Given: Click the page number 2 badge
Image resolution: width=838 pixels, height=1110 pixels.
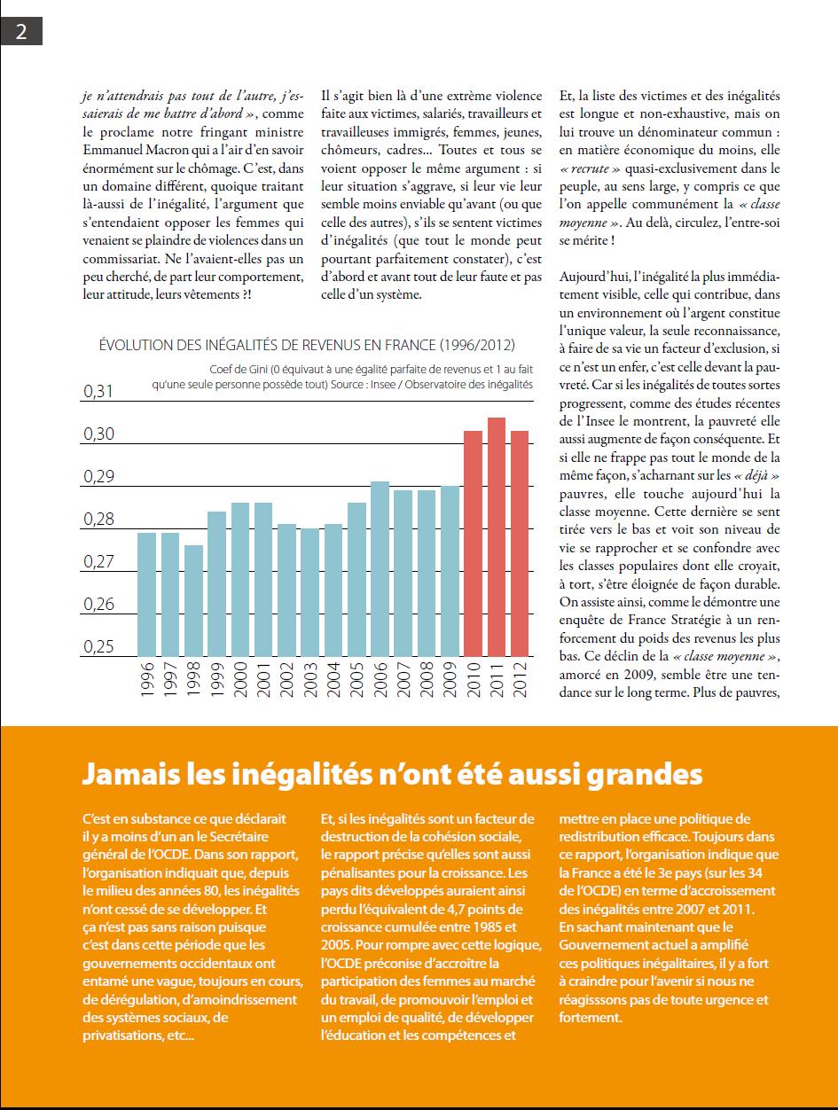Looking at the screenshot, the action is [x=21, y=31].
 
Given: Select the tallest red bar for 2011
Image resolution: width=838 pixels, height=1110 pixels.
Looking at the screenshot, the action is [x=497, y=537].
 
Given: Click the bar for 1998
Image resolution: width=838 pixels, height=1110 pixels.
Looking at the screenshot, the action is [x=193, y=601].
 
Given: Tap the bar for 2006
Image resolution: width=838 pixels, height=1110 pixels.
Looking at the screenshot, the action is [x=380, y=569].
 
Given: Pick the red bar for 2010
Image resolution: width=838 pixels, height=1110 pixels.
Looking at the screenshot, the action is [x=474, y=543].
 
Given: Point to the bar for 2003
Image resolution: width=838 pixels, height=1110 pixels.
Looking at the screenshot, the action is [x=310, y=592].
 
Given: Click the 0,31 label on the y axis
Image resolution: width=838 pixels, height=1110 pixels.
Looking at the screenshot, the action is [x=98, y=391].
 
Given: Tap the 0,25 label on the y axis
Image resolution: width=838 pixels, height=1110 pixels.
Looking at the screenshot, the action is [x=98, y=647].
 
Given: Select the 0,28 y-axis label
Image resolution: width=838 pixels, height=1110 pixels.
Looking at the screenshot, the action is [x=98, y=520].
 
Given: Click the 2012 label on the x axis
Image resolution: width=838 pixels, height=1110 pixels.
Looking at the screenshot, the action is [x=520, y=680].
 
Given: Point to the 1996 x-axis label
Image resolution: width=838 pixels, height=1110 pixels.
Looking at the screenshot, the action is [x=146, y=680].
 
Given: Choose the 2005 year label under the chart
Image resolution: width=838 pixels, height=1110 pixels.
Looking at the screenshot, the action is [x=356, y=680].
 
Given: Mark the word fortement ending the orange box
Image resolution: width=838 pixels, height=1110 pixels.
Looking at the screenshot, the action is [x=590, y=1018].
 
